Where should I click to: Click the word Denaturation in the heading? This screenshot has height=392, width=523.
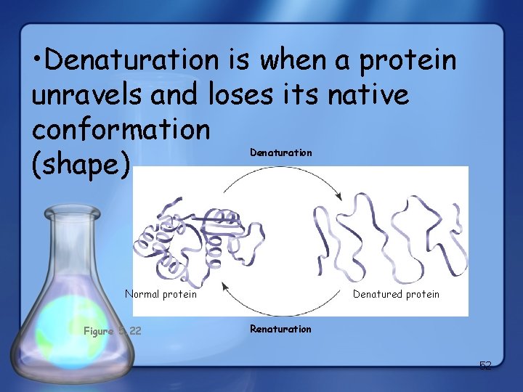[x=131, y=60]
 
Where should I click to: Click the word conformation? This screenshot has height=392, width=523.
[x=121, y=129]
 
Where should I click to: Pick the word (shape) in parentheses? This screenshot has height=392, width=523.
[x=80, y=165]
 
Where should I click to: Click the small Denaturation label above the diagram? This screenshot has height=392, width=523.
[x=280, y=152]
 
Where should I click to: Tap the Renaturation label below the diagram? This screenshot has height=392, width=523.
[x=280, y=329]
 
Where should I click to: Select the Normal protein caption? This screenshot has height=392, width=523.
[x=161, y=294]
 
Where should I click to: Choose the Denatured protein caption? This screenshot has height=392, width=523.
[x=396, y=294]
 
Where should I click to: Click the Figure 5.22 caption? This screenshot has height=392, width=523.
[x=113, y=331]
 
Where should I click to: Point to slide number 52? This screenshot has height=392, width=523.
[x=485, y=366]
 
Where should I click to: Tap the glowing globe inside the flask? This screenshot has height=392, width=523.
[x=69, y=319]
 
